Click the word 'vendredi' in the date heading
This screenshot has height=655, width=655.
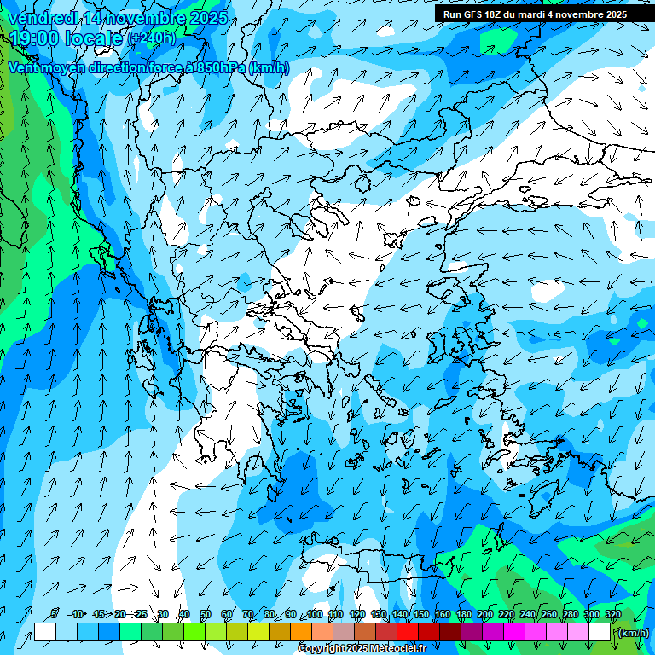pyautogui.click(x=42, y=17)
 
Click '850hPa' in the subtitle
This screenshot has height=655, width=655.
pyautogui.click(x=221, y=68)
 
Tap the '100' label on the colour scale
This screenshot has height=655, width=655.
pyautogui.click(x=315, y=614)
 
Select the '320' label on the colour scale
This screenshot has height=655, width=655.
pyautogui.click(x=612, y=614)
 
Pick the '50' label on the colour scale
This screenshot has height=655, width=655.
pyautogui.click(x=206, y=614)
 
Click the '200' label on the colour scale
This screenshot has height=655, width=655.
pyautogui.click(x=484, y=614)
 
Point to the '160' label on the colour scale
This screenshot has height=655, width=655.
pyautogui.click(x=442, y=614)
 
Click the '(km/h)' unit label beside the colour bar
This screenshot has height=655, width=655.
pyautogui.click(x=634, y=633)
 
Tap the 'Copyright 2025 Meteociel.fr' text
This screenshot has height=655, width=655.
pyautogui.click(x=362, y=649)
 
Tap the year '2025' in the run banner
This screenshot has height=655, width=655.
pyautogui.click(x=613, y=14)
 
